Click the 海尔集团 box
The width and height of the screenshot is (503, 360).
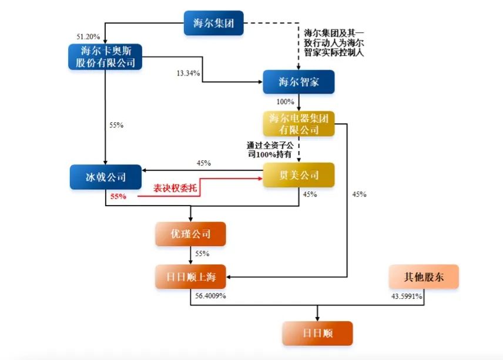point(213,23)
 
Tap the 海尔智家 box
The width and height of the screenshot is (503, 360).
point(298,82)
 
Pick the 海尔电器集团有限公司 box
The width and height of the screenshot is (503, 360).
point(298,123)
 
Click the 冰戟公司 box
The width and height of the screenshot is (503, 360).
point(105,176)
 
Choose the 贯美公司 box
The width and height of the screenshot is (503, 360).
point(298,175)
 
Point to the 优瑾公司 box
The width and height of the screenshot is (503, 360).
point(190,234)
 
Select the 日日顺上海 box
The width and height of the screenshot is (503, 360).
point(190,277)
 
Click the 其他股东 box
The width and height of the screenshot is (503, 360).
point(423,277)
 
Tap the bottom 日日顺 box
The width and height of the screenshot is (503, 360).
point(317,333)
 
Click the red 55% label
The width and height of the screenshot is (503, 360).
point(118,196)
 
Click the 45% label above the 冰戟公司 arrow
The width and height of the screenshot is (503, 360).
point(203,163)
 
